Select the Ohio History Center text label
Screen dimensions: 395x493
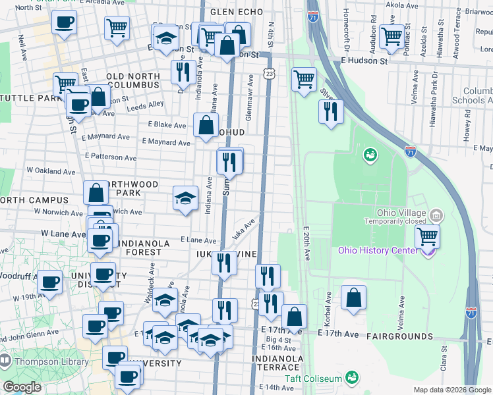pyautogui.click(x=378, y=250)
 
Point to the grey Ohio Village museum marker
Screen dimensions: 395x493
pyautogui.click(x=436, y=215)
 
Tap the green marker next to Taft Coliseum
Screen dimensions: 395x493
pyautogui.click(x=352, y=378)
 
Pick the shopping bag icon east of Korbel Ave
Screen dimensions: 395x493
pyautogui.click(x=354, y=298)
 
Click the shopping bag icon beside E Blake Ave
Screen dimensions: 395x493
pyautogui.click(x=206, y=124)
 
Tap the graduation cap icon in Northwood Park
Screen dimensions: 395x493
pyautogui.click(x=186, y=197)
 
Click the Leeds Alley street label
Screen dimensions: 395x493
pyautogui.click(x=146, y=104)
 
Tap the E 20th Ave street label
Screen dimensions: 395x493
pyautogui.click(x=306, y=244)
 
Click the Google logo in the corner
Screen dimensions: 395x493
pyautogui.click(x=22, y=387)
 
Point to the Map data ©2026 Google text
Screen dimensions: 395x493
pyautogui.click(x=451, y=390)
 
